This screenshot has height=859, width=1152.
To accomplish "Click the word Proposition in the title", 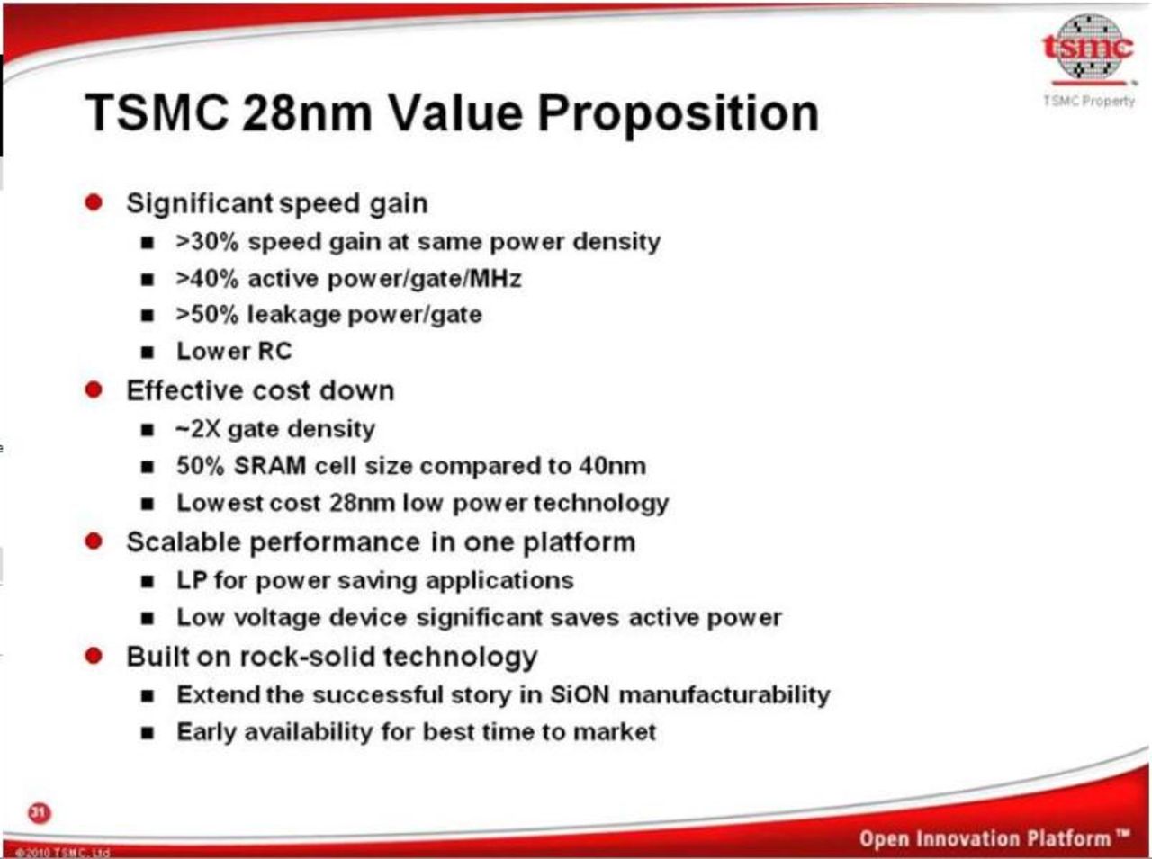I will click(678, 113).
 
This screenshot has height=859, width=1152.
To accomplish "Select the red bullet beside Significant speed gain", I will click(94, 201).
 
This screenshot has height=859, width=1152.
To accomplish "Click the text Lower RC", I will click(234, 351).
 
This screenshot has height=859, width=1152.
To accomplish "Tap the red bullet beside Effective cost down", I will click(94, 389).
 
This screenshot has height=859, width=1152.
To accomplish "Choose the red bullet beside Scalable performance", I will click(94, 541).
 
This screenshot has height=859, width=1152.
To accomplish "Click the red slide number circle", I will click(39, 812).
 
